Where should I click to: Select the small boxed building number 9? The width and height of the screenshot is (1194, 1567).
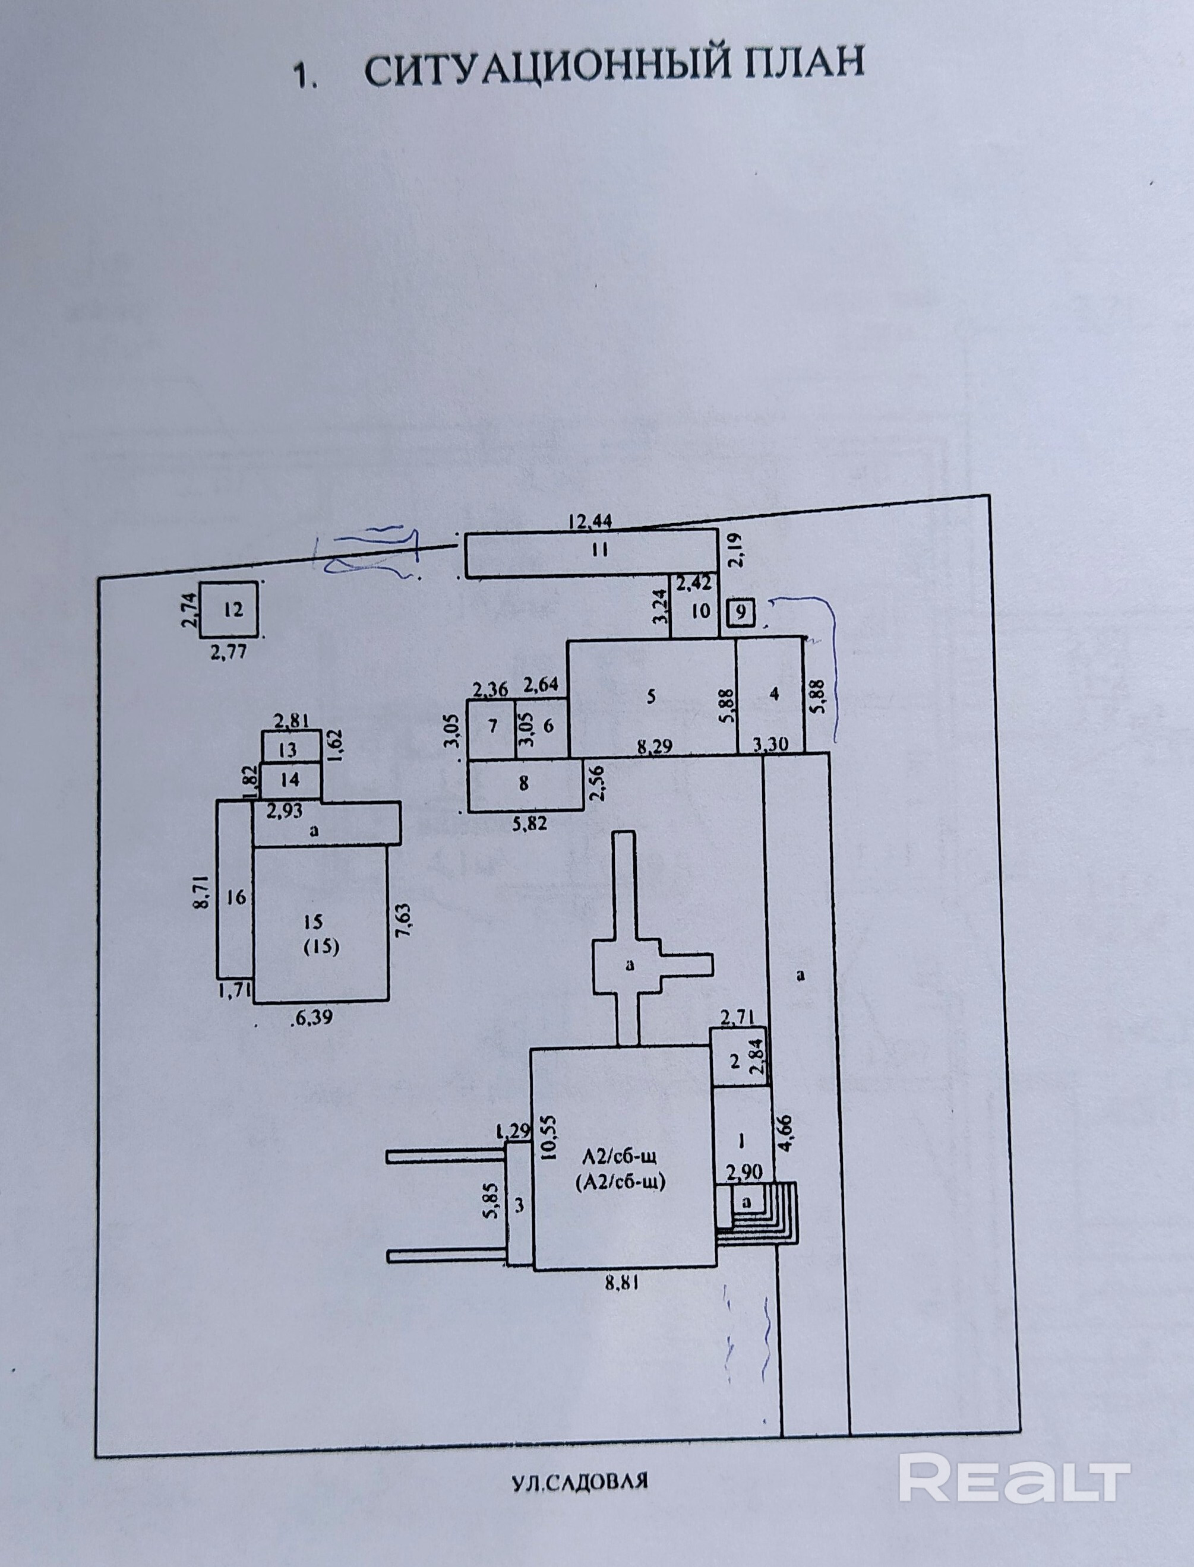[741, 612]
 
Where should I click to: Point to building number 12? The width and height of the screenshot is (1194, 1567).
[233, 609]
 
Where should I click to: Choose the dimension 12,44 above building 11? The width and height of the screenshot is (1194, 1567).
[590, 522]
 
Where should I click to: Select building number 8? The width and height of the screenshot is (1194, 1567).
[524, 784]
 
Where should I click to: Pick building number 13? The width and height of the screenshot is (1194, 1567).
[288, 750]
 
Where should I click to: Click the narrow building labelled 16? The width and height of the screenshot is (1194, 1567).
[236, 897]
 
